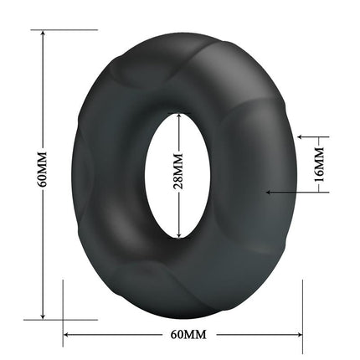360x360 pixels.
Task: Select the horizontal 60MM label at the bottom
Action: [188, 334]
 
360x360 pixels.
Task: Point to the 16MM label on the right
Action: [318, 162]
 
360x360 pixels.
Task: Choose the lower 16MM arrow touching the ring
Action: [270, 192]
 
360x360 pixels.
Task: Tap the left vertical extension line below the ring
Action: [64, 311]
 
